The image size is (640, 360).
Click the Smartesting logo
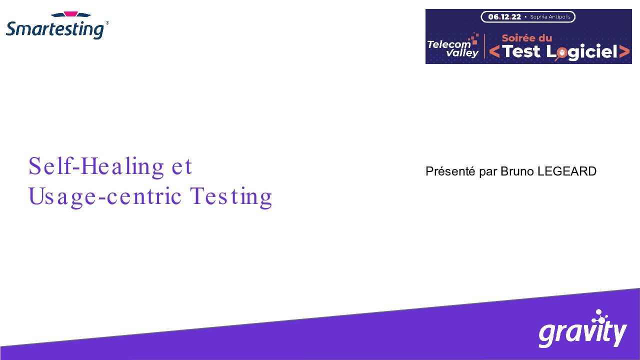pyautogui.click(x=57, y=25)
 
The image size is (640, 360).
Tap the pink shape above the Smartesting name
pyautogui.click(x=71, y=14)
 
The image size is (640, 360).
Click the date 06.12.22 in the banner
pyautogui.click(x=504, y=17)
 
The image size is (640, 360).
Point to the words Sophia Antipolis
pyautogui.click(x=550, y=17)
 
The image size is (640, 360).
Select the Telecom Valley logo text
pyautogui.click(x=453, y=48)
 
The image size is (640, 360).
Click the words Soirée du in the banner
pyautogui.click(x=527, y=38)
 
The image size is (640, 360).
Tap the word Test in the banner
pyautogui.click(x=521, y=51)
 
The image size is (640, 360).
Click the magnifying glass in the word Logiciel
pyautogui.click(x=560, y=53)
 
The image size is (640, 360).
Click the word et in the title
pyautogui.click(x=181, y=167)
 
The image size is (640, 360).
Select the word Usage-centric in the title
pyautogui.click(x=105, y=197)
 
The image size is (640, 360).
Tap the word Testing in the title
pyautogui.click(x=231, y=197)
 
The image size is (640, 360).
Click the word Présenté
pyautogui.click(x=450, y=171)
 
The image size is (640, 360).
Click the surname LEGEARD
pyautogui.click(x=567, y=171)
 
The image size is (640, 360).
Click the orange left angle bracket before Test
pyautogui.click(x=494, y=51)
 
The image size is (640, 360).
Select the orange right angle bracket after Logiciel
pyautogui.click(x=624, y=51)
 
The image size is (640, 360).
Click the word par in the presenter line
pyautogui.click(x=488, y=172)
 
